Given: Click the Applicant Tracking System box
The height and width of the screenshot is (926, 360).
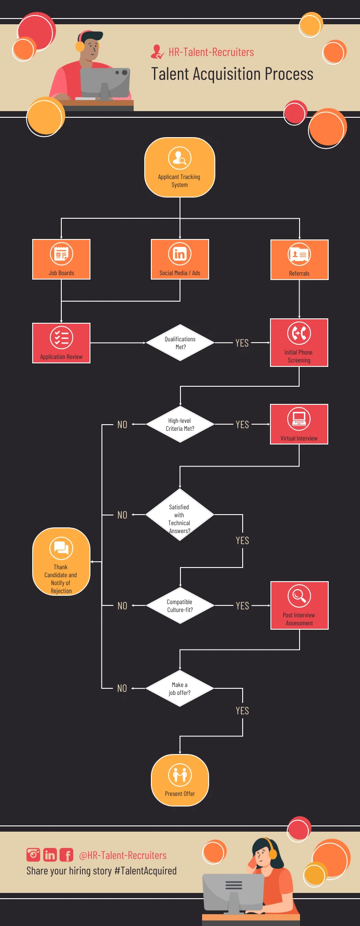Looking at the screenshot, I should (180, 168).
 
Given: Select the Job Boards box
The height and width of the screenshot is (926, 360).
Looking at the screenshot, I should (61, 259).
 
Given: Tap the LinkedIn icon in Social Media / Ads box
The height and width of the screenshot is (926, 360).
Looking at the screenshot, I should (180, 254).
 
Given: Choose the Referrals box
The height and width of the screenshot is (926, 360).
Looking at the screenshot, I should (299, 260).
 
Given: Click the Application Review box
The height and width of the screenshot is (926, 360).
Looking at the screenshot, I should (61, 343).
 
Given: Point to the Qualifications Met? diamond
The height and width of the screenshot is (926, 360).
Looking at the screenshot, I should (180, 343).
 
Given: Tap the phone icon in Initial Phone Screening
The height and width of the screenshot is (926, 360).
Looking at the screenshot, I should (299, 333).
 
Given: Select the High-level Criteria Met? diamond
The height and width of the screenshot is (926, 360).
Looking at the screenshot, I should (180, 424).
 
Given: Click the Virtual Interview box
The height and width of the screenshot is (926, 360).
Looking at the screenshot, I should (299, 424).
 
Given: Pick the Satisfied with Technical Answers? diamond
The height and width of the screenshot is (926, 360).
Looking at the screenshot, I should (180, 515).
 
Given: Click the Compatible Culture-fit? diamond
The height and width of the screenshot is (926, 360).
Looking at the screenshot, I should (180, 605).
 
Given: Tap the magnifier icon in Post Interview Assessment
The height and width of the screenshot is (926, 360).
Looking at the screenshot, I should (299, 596).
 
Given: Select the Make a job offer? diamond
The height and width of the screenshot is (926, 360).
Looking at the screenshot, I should (180, 688).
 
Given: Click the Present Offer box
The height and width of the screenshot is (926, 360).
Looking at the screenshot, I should (180, 780).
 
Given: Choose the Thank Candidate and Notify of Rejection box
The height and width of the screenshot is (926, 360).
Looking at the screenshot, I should (61, 562).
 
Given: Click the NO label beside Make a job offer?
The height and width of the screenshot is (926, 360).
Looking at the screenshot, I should (122, 688).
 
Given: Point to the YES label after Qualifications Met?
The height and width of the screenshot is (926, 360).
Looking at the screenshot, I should (242, 343).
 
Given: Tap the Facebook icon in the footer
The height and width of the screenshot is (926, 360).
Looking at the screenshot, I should (67, 855).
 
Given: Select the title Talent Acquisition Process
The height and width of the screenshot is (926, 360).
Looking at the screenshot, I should (232, 74).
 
